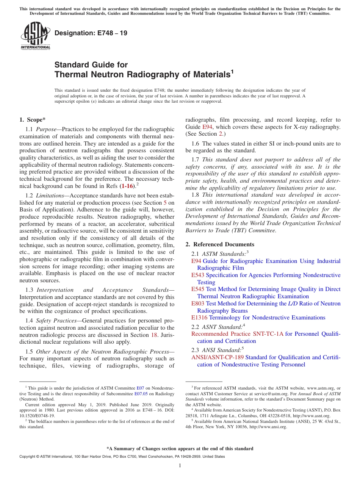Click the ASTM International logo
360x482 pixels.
(35, 36)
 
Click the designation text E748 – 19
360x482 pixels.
(91, 33)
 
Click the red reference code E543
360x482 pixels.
(198, 275)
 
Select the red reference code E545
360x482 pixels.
(198, 289)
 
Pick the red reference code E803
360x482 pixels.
(198, 304)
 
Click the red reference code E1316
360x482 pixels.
(199, 318)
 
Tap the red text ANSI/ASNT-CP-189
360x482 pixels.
(218, 357)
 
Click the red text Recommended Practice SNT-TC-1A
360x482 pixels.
(237, 334)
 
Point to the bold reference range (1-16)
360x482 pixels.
(127, 186)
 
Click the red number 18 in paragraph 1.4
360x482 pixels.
(154, 335)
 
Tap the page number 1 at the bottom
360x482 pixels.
(180, 466)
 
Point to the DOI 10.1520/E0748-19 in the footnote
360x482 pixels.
(37, 415)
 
